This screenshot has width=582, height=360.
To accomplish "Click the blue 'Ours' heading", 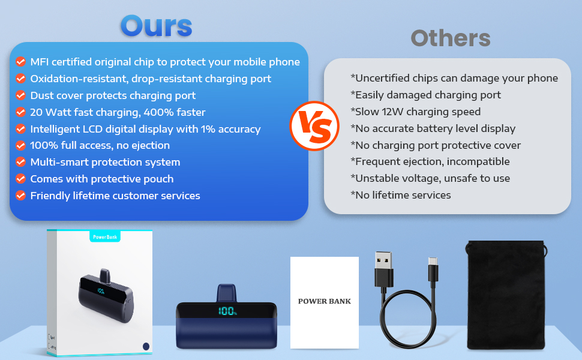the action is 156,26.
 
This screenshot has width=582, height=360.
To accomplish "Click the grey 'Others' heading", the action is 451,38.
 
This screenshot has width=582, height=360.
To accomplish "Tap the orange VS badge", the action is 314,126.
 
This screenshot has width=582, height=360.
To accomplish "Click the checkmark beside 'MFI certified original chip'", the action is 21,62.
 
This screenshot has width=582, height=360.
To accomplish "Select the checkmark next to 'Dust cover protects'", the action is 21,95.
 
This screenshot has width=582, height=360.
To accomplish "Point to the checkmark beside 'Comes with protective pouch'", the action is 21,179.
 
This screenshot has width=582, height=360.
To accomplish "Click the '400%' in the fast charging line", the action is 158,112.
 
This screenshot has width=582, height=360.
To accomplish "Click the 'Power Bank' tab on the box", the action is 105,237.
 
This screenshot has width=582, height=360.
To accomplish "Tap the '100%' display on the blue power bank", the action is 227,311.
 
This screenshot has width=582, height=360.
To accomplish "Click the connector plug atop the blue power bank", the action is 226,293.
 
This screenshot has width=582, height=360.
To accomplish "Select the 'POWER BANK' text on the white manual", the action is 325,301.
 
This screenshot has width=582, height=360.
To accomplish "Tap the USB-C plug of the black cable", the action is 433,269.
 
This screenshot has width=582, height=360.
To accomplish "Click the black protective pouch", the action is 506,295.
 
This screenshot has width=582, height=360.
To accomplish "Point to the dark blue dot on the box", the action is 146,346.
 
